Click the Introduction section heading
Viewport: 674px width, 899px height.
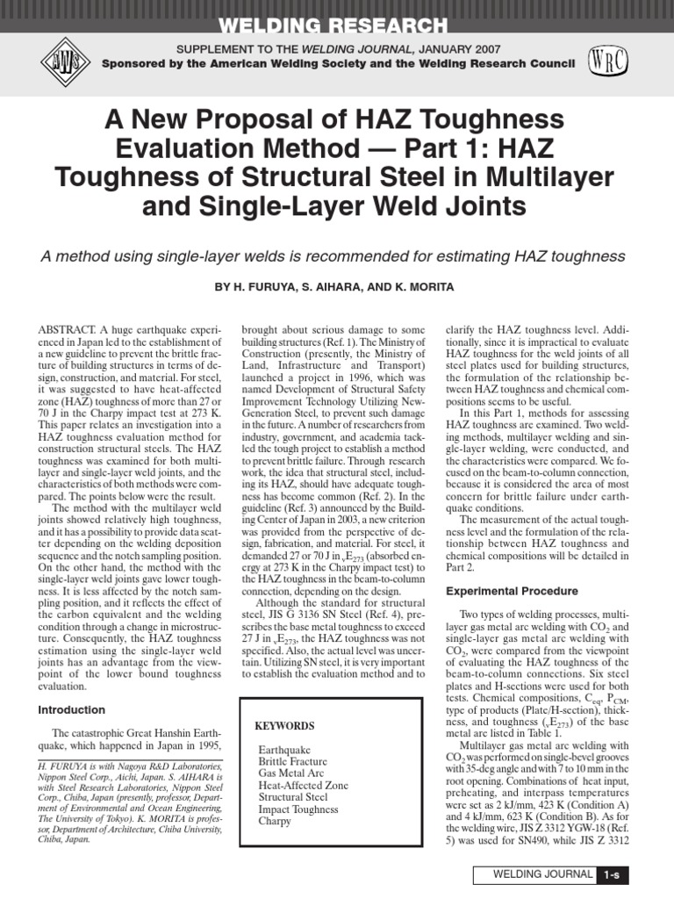point(72,709)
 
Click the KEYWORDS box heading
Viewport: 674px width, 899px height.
point(283,726)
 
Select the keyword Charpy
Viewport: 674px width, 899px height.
point(275,821)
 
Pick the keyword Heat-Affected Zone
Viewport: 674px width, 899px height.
point(303,785)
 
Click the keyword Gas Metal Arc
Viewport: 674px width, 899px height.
point(290,773)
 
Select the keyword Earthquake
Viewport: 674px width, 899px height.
point(283,749)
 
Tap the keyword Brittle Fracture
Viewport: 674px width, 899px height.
point(293,761)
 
